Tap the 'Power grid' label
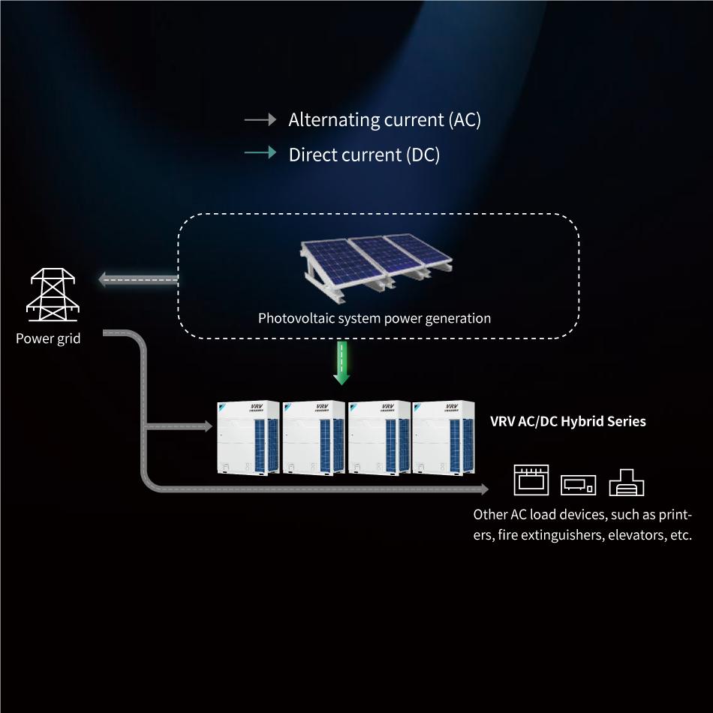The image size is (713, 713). [x=48, y=338]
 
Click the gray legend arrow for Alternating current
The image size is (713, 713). [x=260, y=119]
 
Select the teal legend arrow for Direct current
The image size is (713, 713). [x=260, y=153]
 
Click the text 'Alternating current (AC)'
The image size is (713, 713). [x=384, y=119]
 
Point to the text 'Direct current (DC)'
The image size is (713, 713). [x=364, y=155]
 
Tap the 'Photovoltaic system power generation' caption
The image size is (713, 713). [x=375, y=318]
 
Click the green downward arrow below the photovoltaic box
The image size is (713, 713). [x=342, y=364]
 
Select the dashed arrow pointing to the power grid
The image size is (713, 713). [x=138, y=281]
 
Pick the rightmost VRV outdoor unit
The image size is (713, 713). [x=444, y=438]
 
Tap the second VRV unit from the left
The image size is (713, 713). [x=314, y=438]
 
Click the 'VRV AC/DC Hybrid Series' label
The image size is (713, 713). [x=567, y=421]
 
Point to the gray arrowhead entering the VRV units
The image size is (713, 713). [x=208, y=426]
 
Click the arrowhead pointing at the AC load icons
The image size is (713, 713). [x=483, y=489]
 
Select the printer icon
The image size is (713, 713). [x=627, y=482]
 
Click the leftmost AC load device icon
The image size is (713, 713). [x=531, y=480]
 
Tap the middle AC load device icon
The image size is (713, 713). [x=579, y=484]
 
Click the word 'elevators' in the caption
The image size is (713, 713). [x=636, y=535]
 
